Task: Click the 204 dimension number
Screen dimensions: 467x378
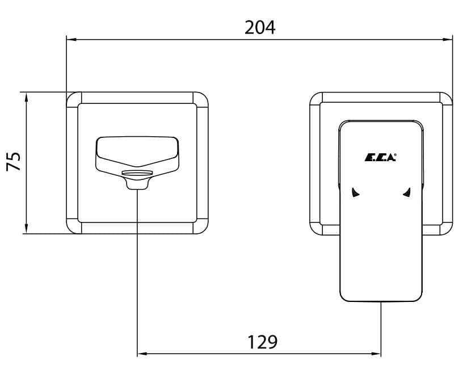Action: (x=260, y=27)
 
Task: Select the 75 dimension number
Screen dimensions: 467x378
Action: (x=14, y=161)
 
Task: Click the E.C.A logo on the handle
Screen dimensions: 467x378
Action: (x=381, y=157)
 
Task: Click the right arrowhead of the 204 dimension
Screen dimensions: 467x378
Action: (x=448, y=39)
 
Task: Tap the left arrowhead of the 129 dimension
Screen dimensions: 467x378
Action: (x=142, y=354)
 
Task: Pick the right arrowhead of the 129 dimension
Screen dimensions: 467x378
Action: (x=376, y=354)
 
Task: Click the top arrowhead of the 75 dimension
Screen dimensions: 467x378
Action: (x=27, y=98)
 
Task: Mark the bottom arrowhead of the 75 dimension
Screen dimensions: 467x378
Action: (x=27, y=229)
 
